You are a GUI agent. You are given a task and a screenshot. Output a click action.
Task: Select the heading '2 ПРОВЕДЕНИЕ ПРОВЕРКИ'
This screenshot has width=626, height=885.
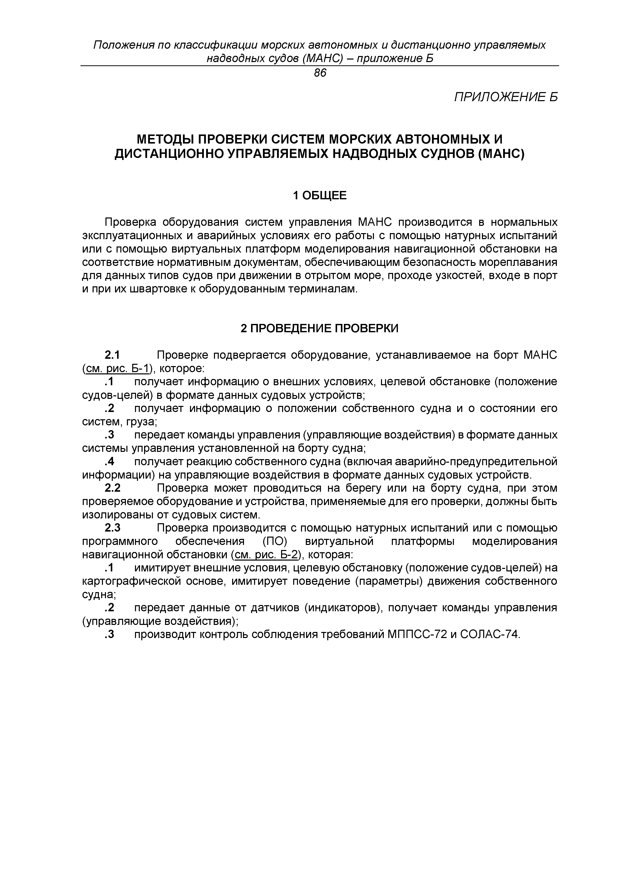pos(319,328)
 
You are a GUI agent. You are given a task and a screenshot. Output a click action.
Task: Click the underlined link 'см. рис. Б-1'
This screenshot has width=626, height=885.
pos(117,369)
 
